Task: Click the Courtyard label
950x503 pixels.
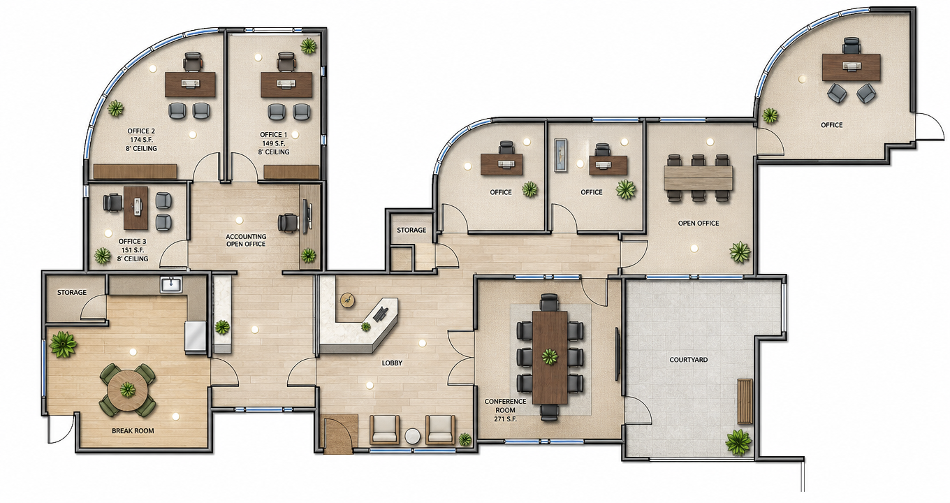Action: [688, 360]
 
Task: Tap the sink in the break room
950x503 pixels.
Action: [171, 284]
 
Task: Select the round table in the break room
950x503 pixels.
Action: [127, 389]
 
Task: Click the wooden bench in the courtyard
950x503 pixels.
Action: [745, 401]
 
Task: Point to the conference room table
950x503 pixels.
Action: [550, 358]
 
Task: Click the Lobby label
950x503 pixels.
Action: [392, 363]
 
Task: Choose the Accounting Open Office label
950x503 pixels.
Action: [246, 240]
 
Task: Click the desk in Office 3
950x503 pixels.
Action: [136, 207]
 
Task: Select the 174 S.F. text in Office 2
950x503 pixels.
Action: [141, 140]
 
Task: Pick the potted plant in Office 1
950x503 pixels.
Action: [309, 45]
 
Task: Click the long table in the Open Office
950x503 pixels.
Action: [698, 178]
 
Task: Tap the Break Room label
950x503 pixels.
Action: [133, 431]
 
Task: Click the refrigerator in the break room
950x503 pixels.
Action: [196, 337]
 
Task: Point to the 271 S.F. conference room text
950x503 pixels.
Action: [504, 419]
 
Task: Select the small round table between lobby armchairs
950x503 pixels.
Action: [412, 436]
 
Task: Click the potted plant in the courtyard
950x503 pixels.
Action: [738, 442]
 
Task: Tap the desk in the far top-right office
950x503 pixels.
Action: [852, 67]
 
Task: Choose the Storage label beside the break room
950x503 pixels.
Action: [72, 292]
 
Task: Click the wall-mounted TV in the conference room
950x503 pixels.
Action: [617, 353]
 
